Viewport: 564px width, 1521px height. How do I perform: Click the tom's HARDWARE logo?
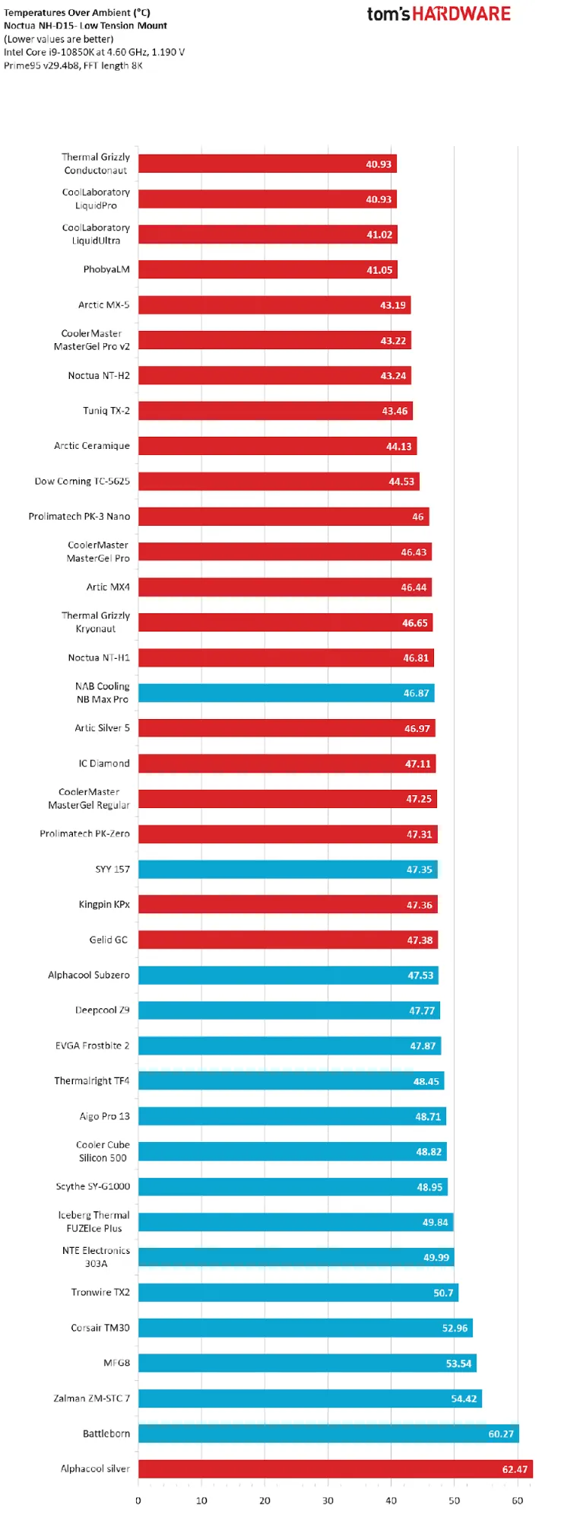(439, 14)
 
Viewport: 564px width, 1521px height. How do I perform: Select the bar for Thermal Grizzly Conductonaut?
(266, 164)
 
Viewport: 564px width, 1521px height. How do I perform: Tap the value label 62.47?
(515, 1469)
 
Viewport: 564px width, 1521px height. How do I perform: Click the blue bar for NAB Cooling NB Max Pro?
(285, 693)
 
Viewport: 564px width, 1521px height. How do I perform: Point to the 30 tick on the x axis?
(328, 1500)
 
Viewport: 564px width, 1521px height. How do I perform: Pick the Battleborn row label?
(106, 1433)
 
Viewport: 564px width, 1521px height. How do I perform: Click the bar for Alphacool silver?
(334, 1469)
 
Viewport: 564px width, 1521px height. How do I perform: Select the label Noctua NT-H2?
(99, 376)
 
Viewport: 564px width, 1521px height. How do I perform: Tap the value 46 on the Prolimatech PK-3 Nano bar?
(418, 517)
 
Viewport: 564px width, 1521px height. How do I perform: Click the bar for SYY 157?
(287, 869)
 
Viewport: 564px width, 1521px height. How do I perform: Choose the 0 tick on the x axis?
(138, 1500)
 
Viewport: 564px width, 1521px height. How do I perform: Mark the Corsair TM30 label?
(100, 1328)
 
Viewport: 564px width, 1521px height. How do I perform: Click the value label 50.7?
(443, 1293)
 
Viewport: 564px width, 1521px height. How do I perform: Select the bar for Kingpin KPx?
(287, 905)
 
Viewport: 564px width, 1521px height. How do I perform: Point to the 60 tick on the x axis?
(518, 1500)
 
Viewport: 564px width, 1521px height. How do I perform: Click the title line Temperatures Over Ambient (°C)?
(77, 13)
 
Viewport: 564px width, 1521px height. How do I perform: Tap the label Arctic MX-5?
(104, 305)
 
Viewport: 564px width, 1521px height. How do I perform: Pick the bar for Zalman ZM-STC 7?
(309, 1398)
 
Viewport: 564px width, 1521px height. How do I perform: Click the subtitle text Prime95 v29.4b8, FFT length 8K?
(73, 65)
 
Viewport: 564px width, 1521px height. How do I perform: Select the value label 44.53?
(401, 482)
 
